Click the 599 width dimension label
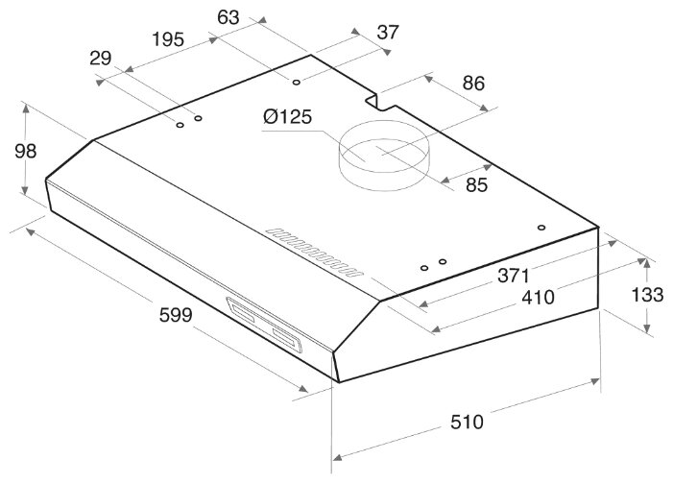[x=176, y=315]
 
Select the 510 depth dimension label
[x=467, y=423]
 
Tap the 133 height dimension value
[x=647, y=295]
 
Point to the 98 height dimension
[x=25, y=151]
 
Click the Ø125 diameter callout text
[x=288, y=117]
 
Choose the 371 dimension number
[x=514, y=276]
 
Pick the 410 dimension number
[x=538, y=297]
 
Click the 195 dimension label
[x=168, y=39]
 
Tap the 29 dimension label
[x=101, y=59]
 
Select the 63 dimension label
[x=228, y=17]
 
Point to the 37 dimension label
[x=388, y=33]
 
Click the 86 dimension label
[x=473, y=83]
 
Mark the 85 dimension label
[x=477, y=185]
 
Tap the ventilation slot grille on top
[x=314, y=253]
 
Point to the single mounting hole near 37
[x=296, y=82]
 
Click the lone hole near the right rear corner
[x=541, y=228]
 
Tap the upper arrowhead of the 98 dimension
[x=26, y=108]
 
